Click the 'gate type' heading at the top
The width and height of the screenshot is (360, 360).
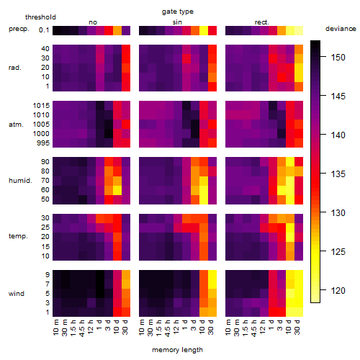[x=178, y=12]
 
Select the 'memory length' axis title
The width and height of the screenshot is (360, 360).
[x=177, y=350]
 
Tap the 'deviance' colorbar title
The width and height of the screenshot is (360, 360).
[x=341, y=29]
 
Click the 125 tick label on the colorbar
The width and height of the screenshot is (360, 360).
[x=338, y=251]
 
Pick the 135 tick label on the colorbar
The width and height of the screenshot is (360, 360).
[x=338, y=174]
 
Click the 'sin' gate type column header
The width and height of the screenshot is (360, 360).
[x=177, y=22]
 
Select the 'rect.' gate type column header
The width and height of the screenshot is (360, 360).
[x=261, y=22]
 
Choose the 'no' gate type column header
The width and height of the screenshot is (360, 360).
[x=93, y=22]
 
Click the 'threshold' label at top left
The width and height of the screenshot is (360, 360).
[x=40, y=17]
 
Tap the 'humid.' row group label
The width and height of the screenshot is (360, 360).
[x=20, y=180]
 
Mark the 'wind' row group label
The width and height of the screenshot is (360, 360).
[x=17, y=293]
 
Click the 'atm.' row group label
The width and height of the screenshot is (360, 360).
[x=16, y=125]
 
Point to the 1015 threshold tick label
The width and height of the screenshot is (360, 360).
[x=41, y=105]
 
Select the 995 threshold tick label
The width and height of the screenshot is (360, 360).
[x=43, y=143]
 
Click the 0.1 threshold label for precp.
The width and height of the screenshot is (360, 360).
[x=44, y=30]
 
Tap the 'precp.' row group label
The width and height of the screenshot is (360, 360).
[x=19, y=29]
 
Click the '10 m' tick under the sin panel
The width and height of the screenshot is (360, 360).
[x=142, y=328]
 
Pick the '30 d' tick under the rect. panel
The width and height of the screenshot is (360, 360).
[x=297, y=328]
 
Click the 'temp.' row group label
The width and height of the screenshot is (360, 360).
[x=18, y=236]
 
